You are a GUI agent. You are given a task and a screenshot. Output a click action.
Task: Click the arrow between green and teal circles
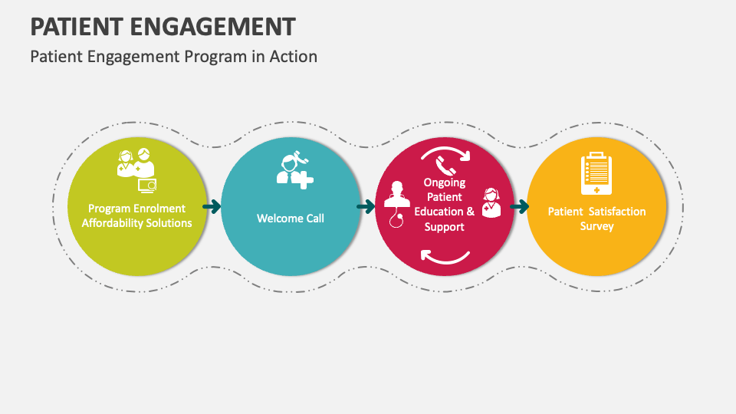pyautogui.click(x=212, y=206)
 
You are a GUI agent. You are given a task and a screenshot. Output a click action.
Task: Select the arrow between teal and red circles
pyautogui.click(x=366, y=206)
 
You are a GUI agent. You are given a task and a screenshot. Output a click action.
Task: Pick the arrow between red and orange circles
pyautogui.click(x=520, y=206)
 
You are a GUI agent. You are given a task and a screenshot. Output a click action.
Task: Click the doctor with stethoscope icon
pyautogui.click(x=396, y=203)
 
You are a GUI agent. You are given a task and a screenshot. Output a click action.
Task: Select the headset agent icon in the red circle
pyautogui.click(x=490, y=203)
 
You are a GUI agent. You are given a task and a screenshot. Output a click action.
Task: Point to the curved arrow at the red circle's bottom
pyautogui.click(x=445, y=258)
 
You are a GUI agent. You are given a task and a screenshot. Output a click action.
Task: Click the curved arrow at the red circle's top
pyautogui.click(x=445, y=152)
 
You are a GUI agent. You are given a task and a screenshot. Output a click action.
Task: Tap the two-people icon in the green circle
pyautogui.click(x=136, y=164)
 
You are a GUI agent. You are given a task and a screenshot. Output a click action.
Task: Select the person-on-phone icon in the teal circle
pyautogui.click(x=294, y=170)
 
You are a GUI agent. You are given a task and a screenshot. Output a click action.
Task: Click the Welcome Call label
pyautogui.click(x=290, y=219)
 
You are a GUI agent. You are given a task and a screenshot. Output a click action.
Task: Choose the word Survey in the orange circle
pyautogui.click(x=596, y=226)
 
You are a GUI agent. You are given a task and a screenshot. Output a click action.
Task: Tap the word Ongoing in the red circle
pyautogui.click(x=445, y=182)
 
